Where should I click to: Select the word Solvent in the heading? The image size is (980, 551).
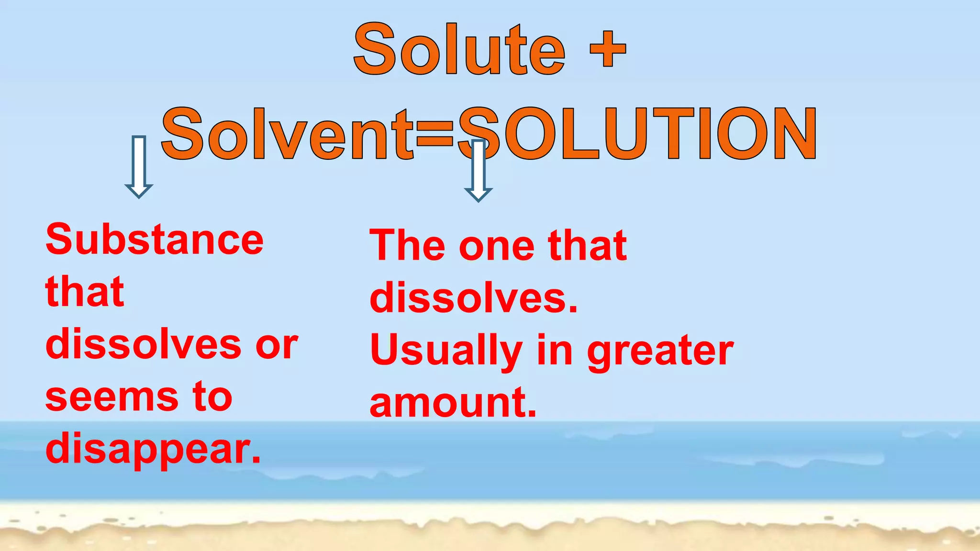[x=287, y=134]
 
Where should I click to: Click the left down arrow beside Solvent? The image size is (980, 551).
[x=139, y=166]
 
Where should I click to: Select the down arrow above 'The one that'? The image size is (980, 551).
[x=478, y=171]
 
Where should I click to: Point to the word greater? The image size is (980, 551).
[x=660, y=351]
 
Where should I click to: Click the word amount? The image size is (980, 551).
[x=453, y=403]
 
